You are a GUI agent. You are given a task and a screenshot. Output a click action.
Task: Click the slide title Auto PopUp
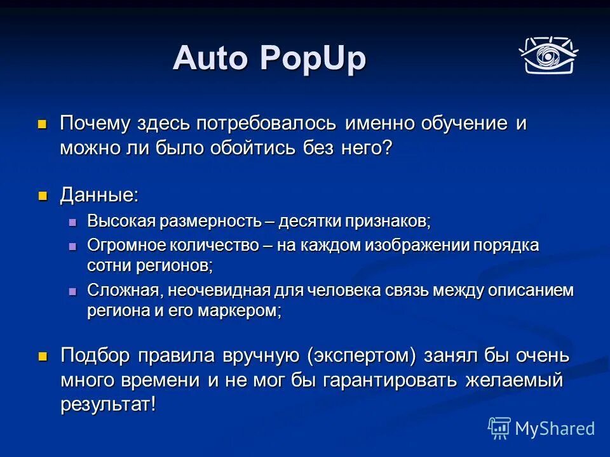pos(269,59)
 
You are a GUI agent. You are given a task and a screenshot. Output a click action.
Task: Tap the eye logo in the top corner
pos(547,55)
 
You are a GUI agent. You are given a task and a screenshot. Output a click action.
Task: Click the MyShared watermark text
pos(555,428)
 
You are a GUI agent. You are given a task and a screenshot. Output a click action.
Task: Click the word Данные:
pos(99,195)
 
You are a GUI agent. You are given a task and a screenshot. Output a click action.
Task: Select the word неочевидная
pos(217,291)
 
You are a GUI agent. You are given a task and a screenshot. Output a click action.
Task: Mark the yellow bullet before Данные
pos(43,195)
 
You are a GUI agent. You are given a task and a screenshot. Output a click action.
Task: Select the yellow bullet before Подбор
pos(43,356)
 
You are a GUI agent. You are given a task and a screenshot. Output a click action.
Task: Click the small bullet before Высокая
pos(72,222)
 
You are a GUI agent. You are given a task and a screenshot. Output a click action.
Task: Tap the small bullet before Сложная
pos(72,291)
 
